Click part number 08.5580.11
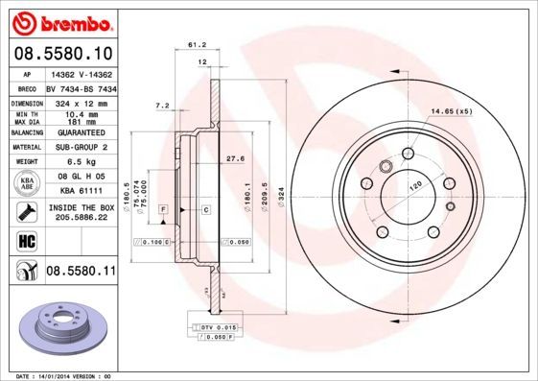tap(81, 272)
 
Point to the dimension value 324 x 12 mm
tap(81, 101)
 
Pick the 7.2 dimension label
tap(161, 104)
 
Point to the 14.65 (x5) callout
tap(451, 111)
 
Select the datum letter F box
tap(164, 208)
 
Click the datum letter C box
tap(205, 208)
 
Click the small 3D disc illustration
tap(67, 329)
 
